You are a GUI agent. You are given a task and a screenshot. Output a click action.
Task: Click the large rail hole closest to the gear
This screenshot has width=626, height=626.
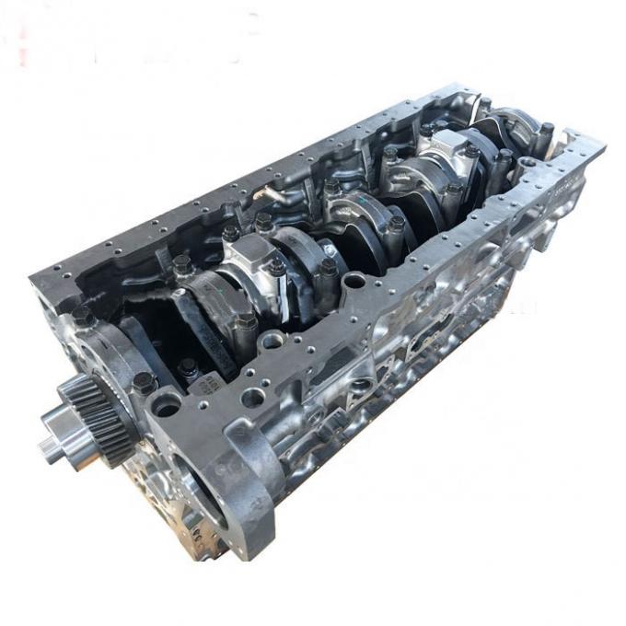coord(168,402)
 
